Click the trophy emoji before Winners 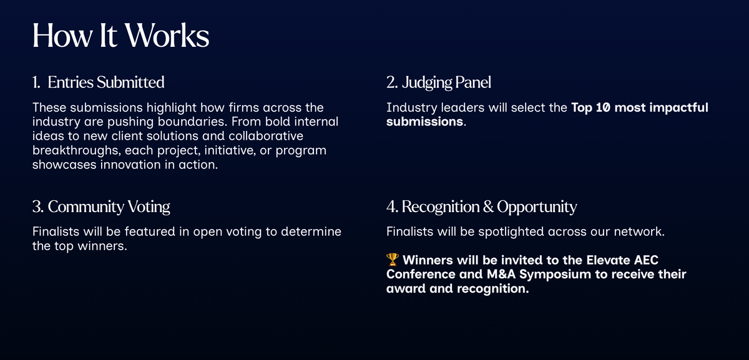(x=393, y=260)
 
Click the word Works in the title (x=167, y=36)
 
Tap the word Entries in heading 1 (x=70, y=82)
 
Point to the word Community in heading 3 (x=86, y=207)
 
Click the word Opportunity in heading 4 (x=537, y=207)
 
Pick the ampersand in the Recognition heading (x=488, y=207)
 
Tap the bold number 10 (x=603, y=108)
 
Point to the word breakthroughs (x=76, y=150)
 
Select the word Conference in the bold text (x=421, y=275)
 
